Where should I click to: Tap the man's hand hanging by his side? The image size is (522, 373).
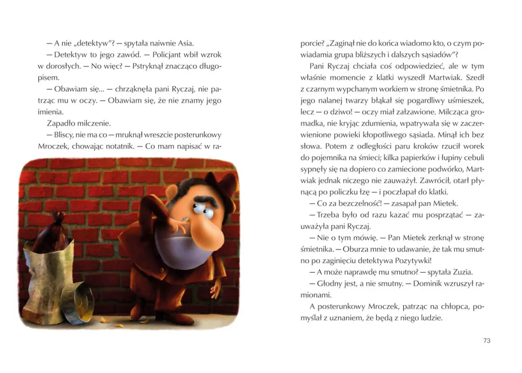coord(218,287)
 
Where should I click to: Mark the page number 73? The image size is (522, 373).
coord(486,340)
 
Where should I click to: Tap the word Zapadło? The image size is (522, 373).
coord(61,123)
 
